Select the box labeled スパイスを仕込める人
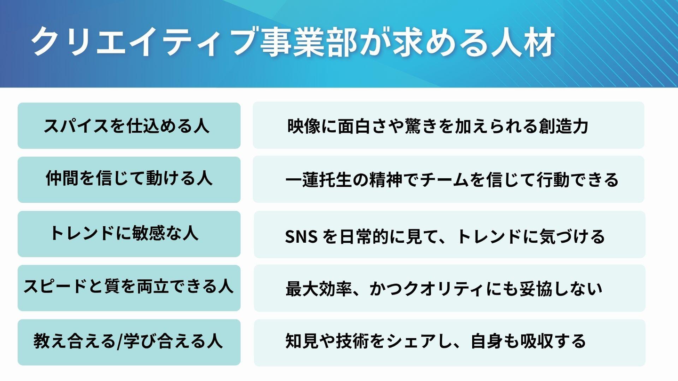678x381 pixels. coord(129,126)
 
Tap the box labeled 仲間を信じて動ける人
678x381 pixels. coord(129,179)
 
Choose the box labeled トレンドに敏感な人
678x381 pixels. coord(129,234)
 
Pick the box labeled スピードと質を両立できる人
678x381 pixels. coord(129,287)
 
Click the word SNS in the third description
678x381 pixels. coord(301,237)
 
